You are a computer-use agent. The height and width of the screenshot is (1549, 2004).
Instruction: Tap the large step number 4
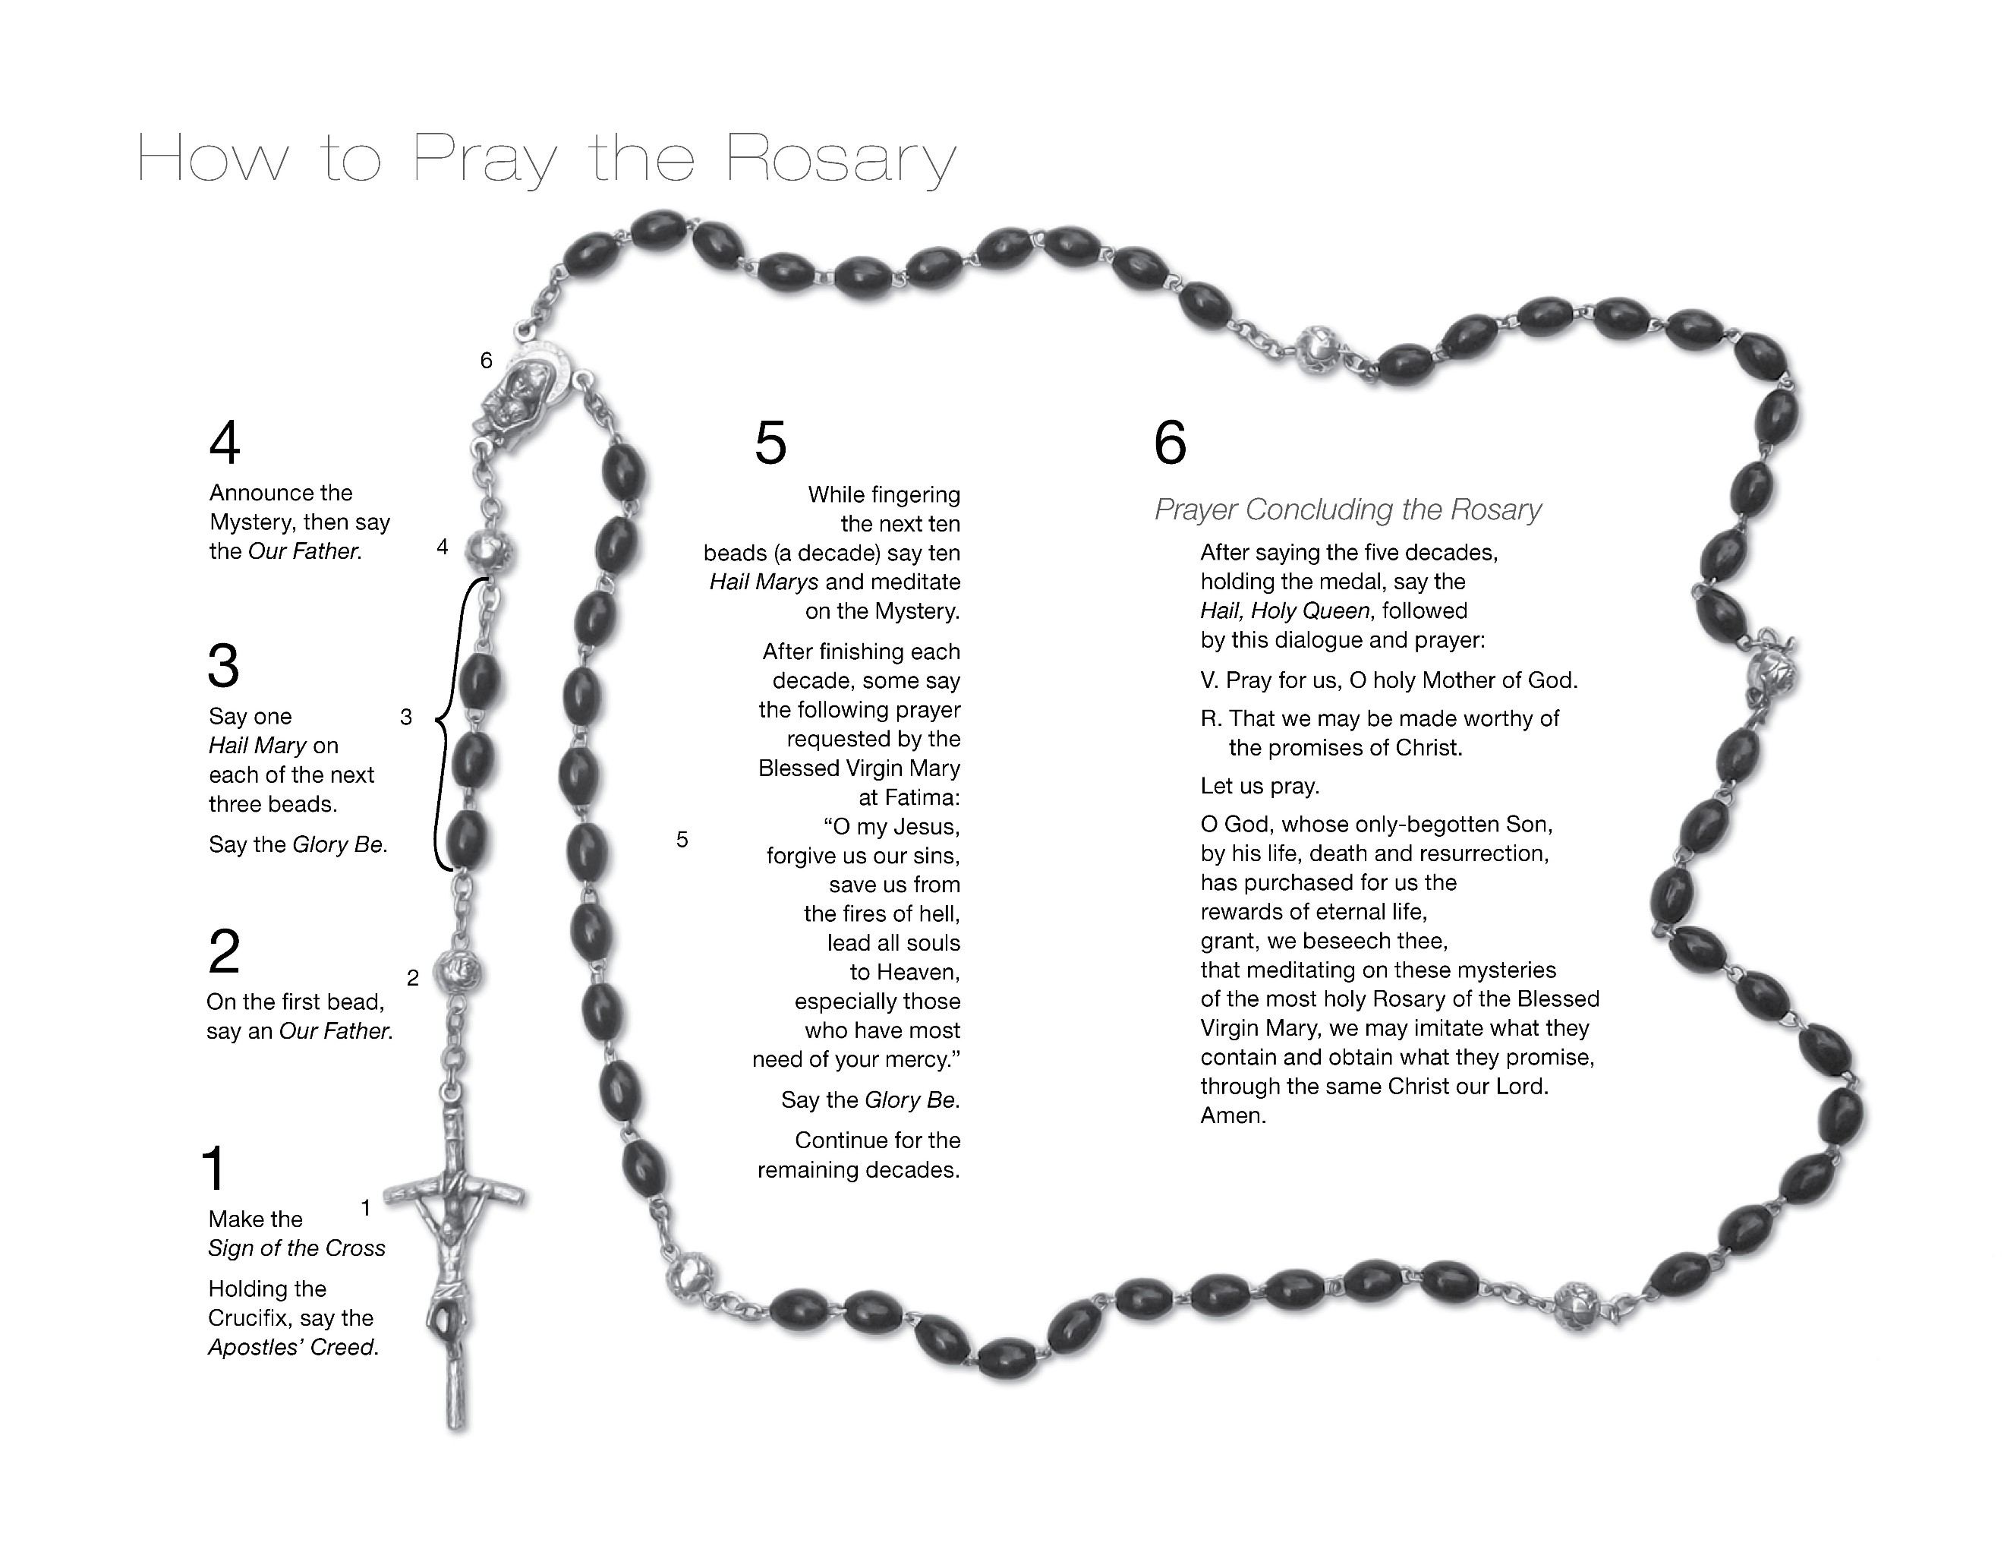(x=225, y=443)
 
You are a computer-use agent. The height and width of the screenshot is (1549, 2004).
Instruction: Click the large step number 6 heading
(x=1170, y=443)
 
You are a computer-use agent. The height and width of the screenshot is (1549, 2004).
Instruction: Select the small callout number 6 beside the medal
(x=487, y=361)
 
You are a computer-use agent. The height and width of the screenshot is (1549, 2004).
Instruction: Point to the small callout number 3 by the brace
(x=406, y=718)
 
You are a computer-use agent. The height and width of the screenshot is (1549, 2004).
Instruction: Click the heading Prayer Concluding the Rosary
(x=1347, y=509)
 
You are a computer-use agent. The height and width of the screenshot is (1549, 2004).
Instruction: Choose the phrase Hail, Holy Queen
(x=1284, y=611)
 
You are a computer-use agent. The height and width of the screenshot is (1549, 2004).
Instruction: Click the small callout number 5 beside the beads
(x=682, y=840)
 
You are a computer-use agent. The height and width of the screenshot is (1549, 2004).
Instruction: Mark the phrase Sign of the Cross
(x=296, y=1248)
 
